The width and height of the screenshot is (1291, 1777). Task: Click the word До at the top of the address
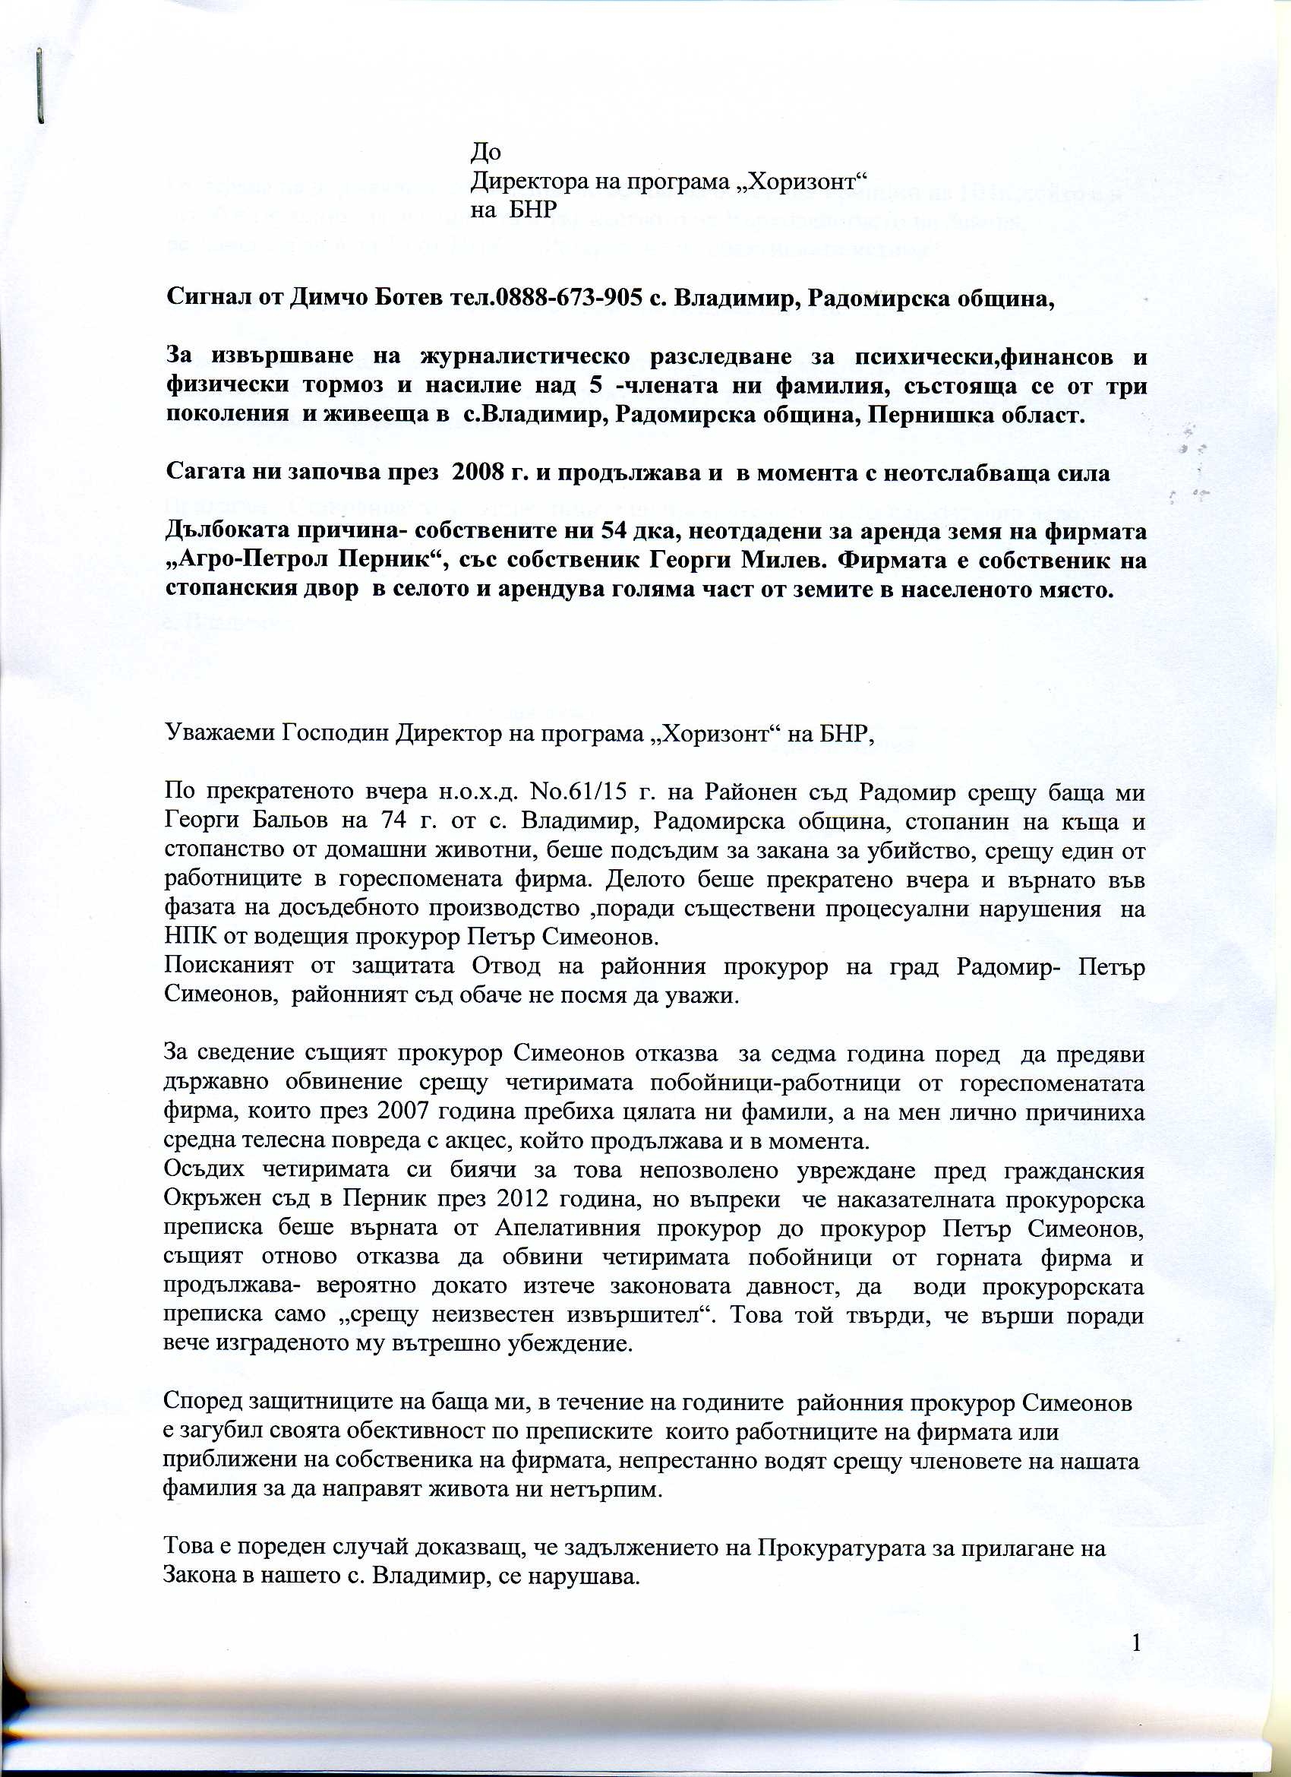(x=486, y=151)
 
